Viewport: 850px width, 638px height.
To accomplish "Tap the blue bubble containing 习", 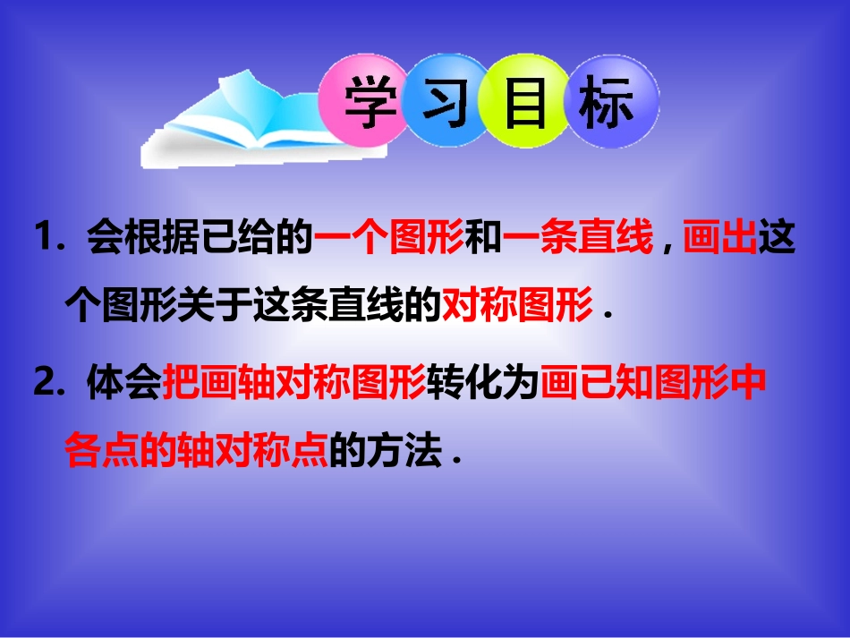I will pos(446,106).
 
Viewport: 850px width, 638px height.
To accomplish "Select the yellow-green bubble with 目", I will pos(525,106).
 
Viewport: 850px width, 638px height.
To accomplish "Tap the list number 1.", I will pos(44,240).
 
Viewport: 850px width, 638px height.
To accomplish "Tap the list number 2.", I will pos(44,384).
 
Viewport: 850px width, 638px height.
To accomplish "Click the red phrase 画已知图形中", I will pos(654,386).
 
